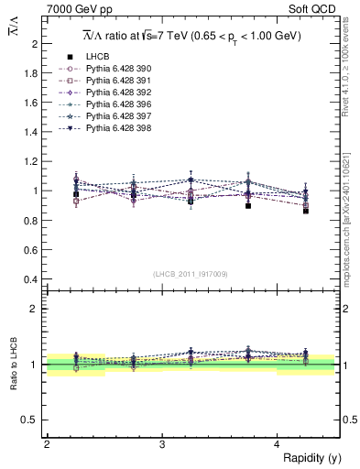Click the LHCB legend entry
(x=96, y=57)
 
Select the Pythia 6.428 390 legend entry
(x=114, y=69)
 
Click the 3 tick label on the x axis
(x=162, y=443)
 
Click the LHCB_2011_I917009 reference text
(x=191, y=275)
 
